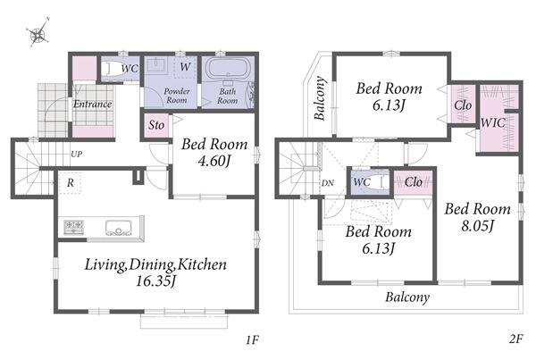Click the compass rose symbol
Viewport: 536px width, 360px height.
pos(38,32)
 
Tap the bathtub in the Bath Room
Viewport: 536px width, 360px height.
pos(228,69)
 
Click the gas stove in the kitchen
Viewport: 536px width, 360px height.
pos(73,227)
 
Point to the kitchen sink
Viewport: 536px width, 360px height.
pos(118,228)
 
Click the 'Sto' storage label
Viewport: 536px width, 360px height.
pos(156,125)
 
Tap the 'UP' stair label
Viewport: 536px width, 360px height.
pos(77,155)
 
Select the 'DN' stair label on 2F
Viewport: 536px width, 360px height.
pos(328,183)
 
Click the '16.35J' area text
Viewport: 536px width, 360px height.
pos(155,281)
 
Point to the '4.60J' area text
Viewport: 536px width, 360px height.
pos(214,161)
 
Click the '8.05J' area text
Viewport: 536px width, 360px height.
pos(477,226)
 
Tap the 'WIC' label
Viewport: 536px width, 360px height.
pos(492,122)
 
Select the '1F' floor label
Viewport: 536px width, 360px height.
pos(252,339)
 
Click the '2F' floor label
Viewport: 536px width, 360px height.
pos(515,339)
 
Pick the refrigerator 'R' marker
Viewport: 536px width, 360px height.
pos(70,183)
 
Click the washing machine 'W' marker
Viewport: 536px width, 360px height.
pos(185,66)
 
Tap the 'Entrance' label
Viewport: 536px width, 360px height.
pos(93,104)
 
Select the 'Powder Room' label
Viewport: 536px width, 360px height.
pos(176,96)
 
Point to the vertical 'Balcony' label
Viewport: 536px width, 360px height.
pos(321,98)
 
